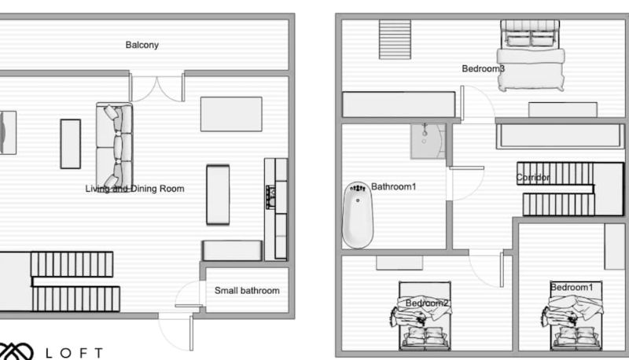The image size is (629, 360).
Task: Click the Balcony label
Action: (142, 45)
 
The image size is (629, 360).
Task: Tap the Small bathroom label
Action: (247, 291)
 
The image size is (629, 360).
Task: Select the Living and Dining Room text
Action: (134, 189)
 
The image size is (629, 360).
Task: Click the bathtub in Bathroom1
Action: (358, 215)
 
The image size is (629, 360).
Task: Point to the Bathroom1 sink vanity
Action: (428, 141)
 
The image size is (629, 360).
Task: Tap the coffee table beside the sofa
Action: (71, 144)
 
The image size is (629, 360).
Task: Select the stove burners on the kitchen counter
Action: (271, 197)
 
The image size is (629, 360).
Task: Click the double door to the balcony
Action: (156, 86)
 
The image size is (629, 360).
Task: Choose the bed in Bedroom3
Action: (530, 55)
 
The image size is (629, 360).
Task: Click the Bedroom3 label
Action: (483, 68)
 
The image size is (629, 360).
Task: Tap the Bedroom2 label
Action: (427, 303)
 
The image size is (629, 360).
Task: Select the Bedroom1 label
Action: (572, 287)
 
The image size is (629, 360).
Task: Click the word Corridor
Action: (533, 177)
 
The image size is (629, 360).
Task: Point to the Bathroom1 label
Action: (394, 186)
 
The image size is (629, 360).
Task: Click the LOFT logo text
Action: (74, 353)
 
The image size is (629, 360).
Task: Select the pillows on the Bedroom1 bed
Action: (577, 336)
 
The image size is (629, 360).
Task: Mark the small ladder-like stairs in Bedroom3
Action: (395, 39)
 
